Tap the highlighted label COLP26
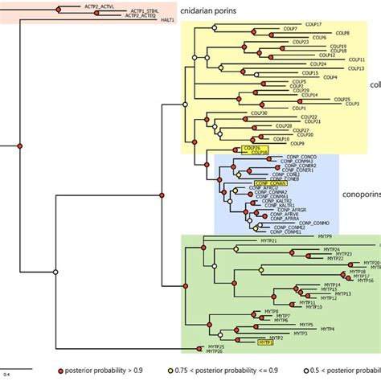coord(251,148)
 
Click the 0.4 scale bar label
coord(6,374)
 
